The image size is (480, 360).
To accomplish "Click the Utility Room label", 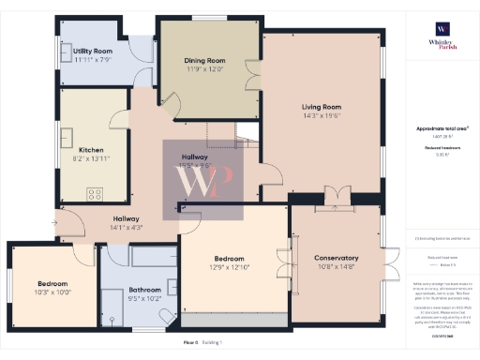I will [93, 51].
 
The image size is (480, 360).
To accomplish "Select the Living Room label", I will [321, 107].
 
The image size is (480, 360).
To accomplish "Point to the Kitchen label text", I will [91, 150].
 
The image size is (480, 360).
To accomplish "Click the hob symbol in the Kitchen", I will [95, 194].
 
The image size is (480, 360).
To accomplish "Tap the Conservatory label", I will [337, 258].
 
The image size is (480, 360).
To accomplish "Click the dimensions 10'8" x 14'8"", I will [337, 267].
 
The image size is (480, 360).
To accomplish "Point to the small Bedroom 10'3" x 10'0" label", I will [52, 283].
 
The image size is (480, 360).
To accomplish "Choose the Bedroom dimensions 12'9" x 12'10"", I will [229, 267].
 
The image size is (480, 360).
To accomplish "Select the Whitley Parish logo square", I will [442, 28].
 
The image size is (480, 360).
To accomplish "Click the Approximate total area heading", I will [441, 128].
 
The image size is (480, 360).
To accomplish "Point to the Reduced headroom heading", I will [441, 147].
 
